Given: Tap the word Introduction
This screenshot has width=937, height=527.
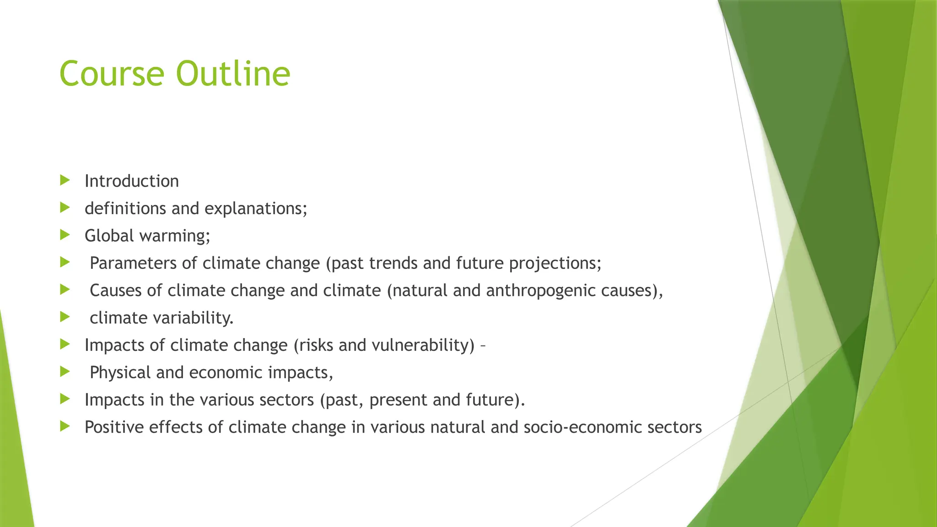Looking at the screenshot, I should pos(132,181).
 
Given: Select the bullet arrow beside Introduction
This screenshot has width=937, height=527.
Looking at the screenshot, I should pos(65,180).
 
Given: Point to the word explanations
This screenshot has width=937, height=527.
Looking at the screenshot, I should pos(255,209).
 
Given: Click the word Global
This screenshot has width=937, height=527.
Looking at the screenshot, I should pos(109,236).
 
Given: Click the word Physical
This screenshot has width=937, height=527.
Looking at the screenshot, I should pos(120,372).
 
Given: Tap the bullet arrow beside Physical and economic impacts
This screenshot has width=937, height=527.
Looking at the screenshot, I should pos(65,371).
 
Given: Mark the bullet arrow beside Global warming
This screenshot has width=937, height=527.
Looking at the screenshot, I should pos(65,235).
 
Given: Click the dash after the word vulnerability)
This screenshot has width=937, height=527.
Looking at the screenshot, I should pos(483,345).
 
